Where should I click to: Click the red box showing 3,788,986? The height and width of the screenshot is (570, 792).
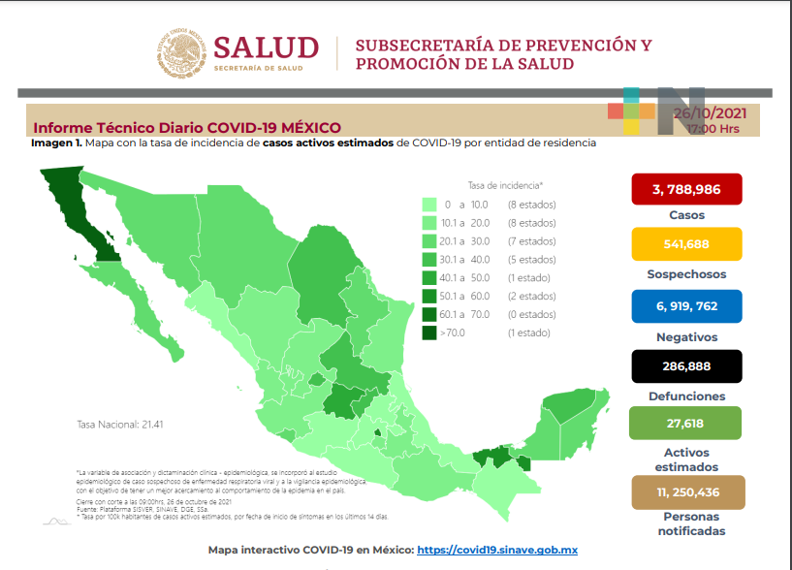pos(685,189)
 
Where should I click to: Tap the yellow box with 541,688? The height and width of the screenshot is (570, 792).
pos(685,243)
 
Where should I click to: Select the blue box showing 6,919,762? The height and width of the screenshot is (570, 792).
pos(685,306)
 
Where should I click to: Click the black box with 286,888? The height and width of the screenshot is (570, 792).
pos(685,366)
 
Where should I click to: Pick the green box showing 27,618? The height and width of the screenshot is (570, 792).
pos(685,423)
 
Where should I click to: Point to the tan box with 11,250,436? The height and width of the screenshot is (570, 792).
pos(687,491)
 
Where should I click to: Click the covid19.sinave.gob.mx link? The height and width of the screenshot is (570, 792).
pos(496,551)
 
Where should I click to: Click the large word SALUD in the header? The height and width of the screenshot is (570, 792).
pos(266,47)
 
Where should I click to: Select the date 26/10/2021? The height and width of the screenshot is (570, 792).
pos(714,113)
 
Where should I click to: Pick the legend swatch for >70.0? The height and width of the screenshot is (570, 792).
pos(428,332)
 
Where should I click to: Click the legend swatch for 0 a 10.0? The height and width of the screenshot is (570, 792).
pos(428,205)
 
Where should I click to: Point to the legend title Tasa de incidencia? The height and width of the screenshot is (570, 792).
pos(504,184)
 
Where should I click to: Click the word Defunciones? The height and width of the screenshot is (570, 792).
pos(685,396)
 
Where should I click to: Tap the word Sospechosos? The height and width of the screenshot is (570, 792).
pos(685,274)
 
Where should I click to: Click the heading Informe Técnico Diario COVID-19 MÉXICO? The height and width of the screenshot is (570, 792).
pos(187,128)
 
